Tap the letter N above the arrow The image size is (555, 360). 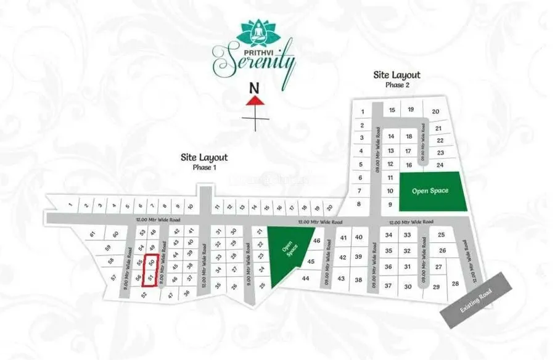point(253,87)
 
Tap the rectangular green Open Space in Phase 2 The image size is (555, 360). point(430,190)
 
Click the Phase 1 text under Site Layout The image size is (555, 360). point(203,167)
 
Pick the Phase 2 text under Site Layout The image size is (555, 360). point(397,85)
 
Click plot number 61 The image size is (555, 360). point(92,234)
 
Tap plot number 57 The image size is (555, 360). point(114,278)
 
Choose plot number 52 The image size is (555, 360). point(144,295)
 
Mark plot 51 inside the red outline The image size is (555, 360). point(150,278)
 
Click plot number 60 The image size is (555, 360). point(115,234)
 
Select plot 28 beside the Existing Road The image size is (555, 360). point(456,283)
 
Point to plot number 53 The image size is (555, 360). point(142,233)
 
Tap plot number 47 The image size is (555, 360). point(170,295)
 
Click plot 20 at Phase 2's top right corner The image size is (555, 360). point(435,112)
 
